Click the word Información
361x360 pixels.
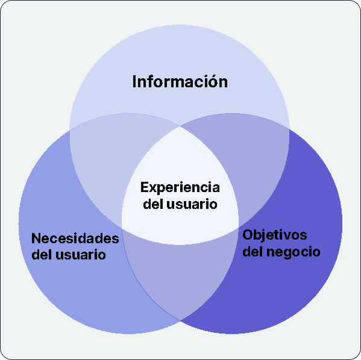(180, 81)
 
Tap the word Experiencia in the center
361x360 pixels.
(180, 187)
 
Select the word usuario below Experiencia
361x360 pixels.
(193, 204)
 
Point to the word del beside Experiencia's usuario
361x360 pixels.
(155, 204)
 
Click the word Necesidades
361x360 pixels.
(72, 237)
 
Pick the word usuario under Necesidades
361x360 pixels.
(81, 255)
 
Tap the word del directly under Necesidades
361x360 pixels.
(42, 255)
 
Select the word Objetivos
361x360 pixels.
(274, 234)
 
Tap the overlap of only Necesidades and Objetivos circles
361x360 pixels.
(180, 283)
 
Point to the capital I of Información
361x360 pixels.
(134, 81)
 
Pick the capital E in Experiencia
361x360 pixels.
(144, 187)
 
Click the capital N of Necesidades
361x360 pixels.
(36, 237)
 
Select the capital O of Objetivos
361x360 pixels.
(247, 234)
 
